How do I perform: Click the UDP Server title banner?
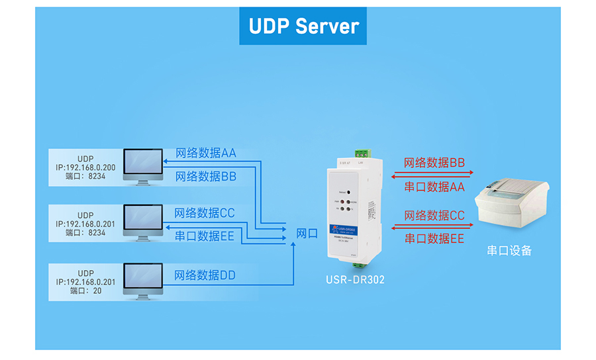click(x=303, y=26)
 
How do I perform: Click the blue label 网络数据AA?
click(x=206, y=154)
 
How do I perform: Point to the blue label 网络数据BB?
click(x=206, y=177)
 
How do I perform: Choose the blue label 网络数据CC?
click(x=205, y=213)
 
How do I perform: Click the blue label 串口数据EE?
click(x=205, y=236)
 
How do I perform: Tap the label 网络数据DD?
click(x=205, y=275)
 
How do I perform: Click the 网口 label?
click(x=307, y=234)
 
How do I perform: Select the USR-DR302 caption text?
click(x=355, y=279)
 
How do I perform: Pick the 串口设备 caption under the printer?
click(x=509, y=251)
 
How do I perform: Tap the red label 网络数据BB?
click(x=434, y=163)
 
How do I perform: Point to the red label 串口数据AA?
click(x=434, y=187)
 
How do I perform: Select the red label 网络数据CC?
click(x=434, y=216)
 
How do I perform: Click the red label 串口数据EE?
click(x=434, y=239)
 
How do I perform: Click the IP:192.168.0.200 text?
click(x=85, y=168)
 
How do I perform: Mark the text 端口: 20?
click(x=85, y=291)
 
